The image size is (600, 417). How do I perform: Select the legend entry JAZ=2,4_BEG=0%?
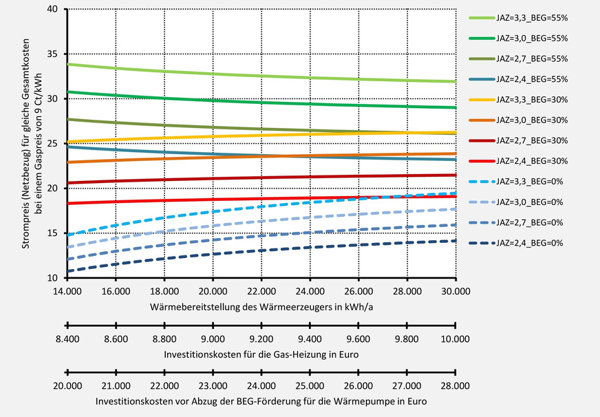click(x=528, y=243)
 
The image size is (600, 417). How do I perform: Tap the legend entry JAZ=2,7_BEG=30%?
click(x=528, y=141)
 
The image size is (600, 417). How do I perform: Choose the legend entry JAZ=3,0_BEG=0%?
click(x=528, y=202)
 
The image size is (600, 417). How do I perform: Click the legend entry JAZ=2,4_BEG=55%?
click(x=528, y=80)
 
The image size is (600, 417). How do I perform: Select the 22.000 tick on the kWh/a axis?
click(x=261, y=291)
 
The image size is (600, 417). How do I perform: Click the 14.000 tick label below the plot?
click(x=67, y=291)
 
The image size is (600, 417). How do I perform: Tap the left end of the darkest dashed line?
click(x=68, y=270)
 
